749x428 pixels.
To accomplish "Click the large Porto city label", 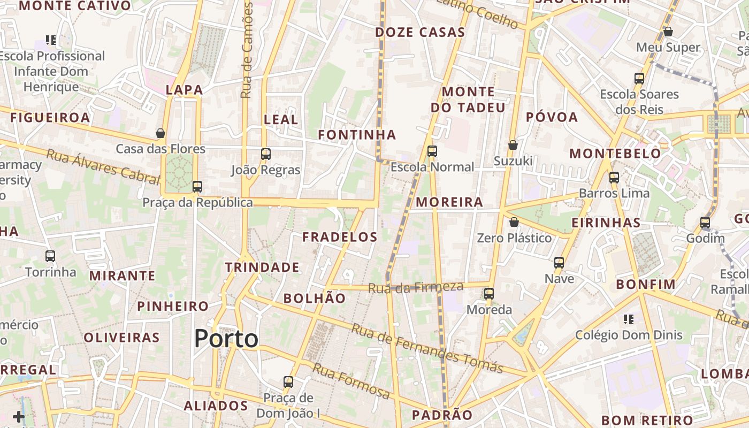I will tap(226, 339).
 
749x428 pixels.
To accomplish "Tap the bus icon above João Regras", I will tap(266, 154).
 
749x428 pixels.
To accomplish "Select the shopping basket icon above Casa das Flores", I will tap(160, 133).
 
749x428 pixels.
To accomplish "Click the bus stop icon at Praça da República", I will tap(197, 187).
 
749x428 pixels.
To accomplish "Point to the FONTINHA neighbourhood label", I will tap(357, 135).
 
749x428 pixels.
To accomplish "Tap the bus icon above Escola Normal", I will tap(432, 151).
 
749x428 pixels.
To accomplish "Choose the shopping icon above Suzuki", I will tap(513, 145).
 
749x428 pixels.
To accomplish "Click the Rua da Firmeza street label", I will tap(415, 287).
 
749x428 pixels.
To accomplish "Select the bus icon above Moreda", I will tap(489, 294).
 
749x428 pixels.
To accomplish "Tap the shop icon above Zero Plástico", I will tap(514, 222).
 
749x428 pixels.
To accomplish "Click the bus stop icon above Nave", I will tap(559, 263).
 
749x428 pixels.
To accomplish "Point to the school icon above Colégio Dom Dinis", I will tap(629, 319).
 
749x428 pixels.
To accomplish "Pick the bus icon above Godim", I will tap(705, 223).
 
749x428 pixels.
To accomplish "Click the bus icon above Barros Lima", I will tap(614, 178).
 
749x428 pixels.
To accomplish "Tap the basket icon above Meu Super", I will tap(668, 32).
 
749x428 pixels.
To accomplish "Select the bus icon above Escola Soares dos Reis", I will tap(639, 79).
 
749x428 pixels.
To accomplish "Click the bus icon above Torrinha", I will tap(50, 256).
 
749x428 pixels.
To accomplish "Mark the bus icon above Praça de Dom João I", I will tap(288, 382).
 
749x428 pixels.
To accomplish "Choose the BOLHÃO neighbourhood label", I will tap(315, 298).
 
